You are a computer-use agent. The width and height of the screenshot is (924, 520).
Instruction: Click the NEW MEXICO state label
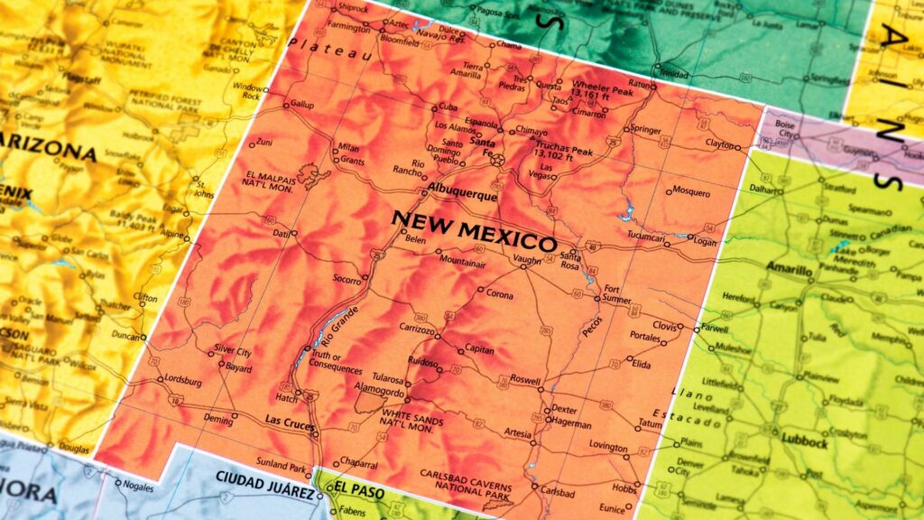click(475, 231)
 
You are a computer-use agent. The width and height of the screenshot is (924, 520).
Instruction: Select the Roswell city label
click(526, 378)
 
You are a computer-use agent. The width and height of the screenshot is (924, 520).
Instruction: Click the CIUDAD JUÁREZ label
click(265, 478)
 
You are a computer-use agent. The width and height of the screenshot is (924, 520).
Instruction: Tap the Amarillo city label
click(790, 268)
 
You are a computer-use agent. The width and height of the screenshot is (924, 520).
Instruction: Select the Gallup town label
click(302, 105)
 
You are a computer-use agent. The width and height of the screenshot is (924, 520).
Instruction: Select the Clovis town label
click(664, 325)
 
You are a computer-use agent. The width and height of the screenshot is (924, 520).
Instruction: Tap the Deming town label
click(218, 419)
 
